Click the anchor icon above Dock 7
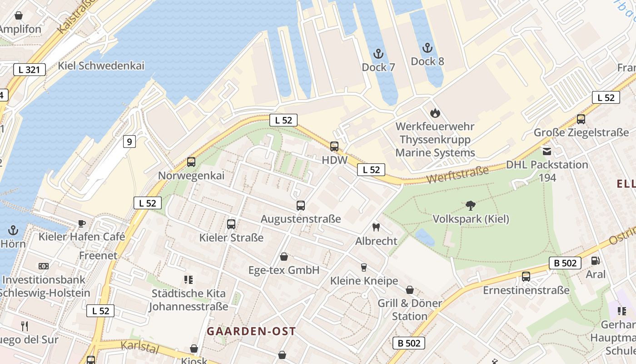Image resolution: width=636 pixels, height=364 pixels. tap(378, 54)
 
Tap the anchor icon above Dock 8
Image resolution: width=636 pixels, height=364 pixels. tap(427, 48)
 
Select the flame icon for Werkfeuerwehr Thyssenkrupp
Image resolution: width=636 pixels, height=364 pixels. tap(435, 112)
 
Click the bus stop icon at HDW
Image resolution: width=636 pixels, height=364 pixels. tap(334, 147)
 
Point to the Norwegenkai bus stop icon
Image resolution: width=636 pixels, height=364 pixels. tap(191, 162)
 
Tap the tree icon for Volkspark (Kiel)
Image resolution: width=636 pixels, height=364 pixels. tap(471, 206)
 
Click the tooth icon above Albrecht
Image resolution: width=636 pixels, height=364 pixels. tap(376, 227)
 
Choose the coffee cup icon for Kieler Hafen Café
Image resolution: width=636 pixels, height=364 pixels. tap(81, 223)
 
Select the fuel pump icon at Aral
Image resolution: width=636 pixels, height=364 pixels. tap(595, 261)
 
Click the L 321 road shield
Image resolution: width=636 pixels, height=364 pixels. tap(30, 70)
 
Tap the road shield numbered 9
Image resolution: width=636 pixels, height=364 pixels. tap(129, 142)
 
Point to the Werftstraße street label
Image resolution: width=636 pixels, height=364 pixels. tap(458, 175)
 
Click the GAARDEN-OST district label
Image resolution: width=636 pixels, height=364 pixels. tap(251, 331)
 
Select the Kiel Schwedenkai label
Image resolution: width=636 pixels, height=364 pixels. tap(101, 66)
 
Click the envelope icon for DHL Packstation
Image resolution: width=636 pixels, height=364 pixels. tap(547, 151)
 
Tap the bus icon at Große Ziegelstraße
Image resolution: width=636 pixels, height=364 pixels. tap(581, 119)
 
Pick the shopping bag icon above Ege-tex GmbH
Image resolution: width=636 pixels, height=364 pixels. tap(284, 257)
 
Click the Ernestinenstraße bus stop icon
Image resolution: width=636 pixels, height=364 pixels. tap(526, 276)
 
